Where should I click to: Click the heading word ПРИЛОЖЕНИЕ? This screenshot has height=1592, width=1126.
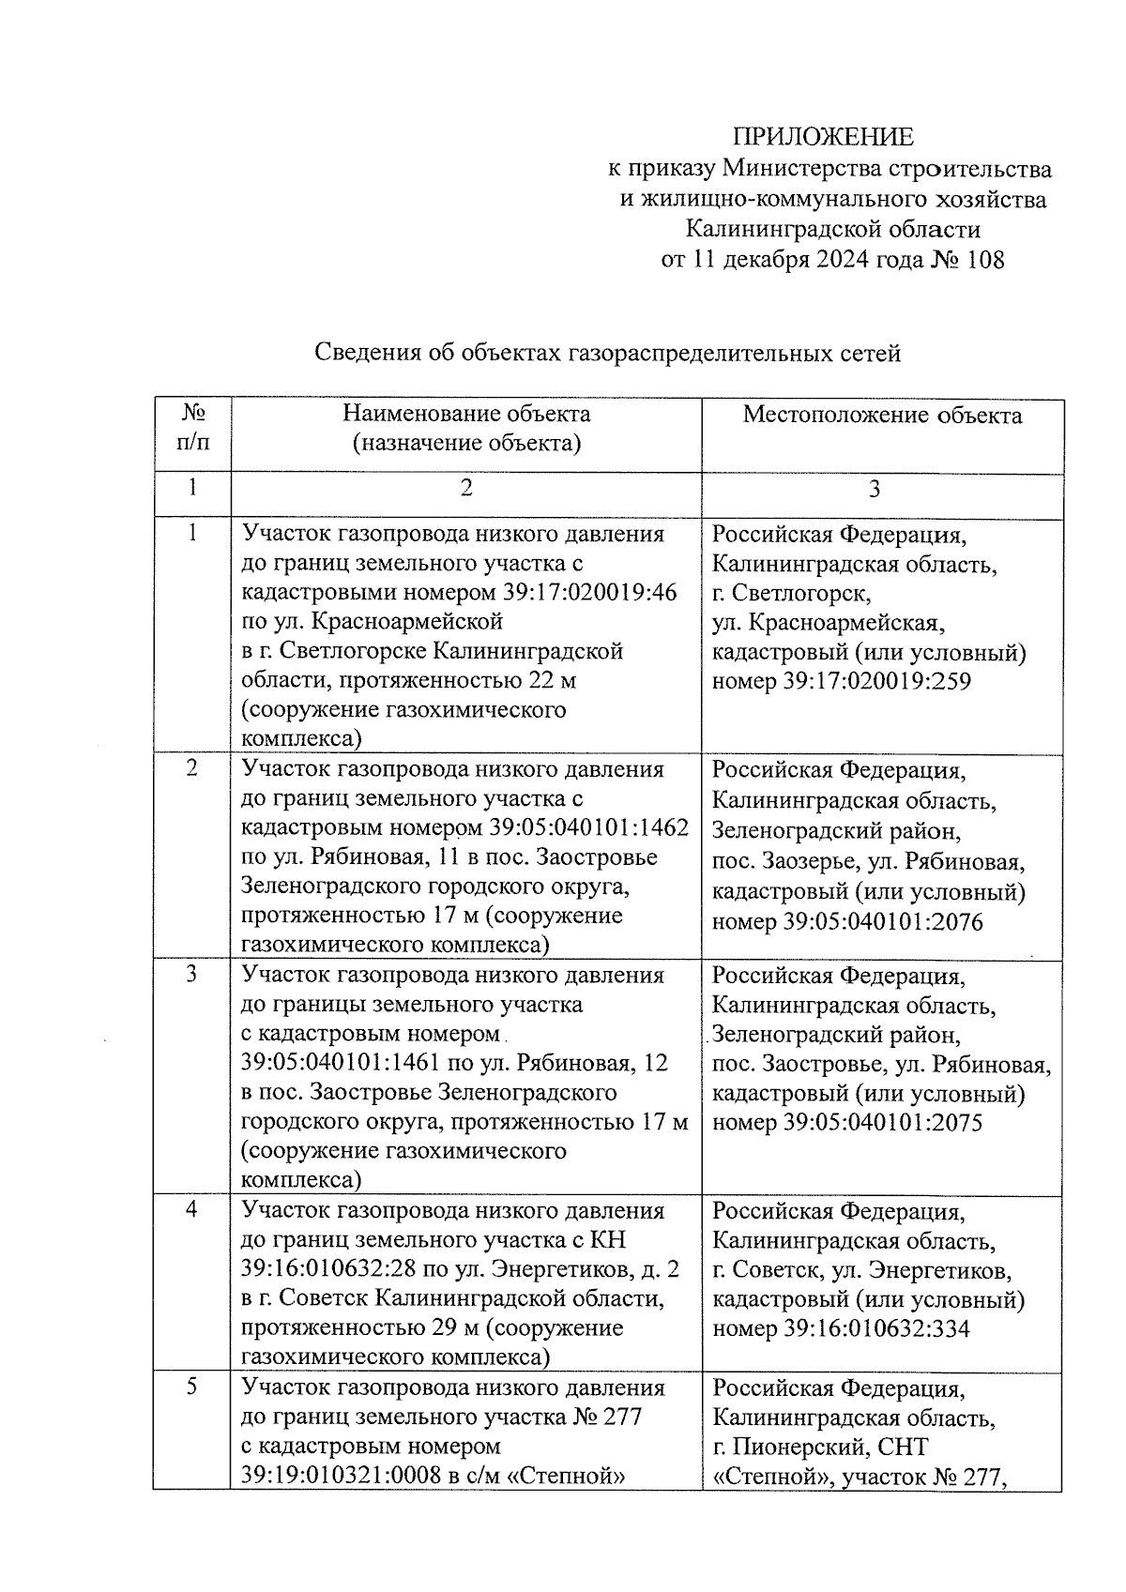pos(823,137)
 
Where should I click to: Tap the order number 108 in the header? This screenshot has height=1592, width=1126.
pos(982,260)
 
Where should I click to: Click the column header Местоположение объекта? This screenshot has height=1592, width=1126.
pos(882,416)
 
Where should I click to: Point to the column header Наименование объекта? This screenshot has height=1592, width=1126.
pos(466,414)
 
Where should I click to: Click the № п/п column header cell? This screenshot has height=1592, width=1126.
pos(192,428)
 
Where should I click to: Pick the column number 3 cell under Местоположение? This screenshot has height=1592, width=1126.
pos(875,490)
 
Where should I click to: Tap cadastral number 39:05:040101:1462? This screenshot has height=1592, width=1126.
pos(589,828)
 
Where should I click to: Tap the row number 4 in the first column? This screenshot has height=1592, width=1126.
pos(191,1209)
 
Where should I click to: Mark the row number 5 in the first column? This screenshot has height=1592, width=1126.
pos(191,1387)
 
